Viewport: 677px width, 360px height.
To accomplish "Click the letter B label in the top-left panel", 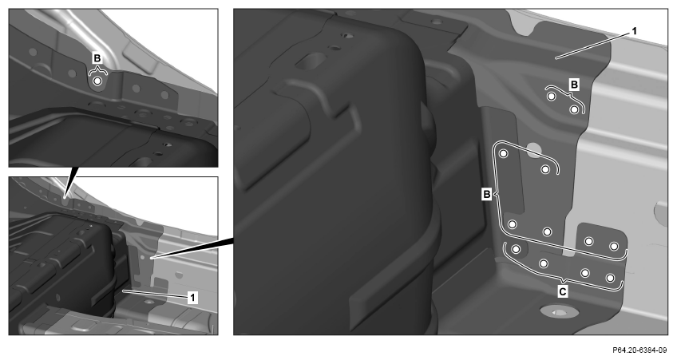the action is (x=97, y=58).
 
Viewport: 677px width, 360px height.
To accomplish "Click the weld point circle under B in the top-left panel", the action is (x=97, y=81).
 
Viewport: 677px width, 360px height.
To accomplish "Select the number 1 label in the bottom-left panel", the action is (x=193, y=298).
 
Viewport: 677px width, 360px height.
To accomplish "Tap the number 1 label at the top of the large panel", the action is (x=634, y=31).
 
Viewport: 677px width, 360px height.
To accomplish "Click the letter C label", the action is (x=563, y=292).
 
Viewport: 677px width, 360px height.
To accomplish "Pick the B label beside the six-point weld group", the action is (x=487, y=195).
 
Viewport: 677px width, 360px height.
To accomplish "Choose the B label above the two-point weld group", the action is (x=574, y=85).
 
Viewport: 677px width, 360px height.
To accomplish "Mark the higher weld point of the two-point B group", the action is (x=552, y=97).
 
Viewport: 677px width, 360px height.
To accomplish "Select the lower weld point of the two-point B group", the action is (x=574, y=109).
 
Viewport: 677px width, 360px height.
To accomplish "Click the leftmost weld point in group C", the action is (x=516, y=249).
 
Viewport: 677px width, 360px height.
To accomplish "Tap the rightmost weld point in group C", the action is (x=610, y=278).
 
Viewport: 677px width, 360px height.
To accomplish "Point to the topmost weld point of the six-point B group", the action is (x=504, y=154).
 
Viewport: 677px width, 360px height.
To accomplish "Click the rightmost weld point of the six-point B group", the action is (x=613, y=246).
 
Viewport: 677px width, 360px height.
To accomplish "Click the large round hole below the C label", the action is (x=559, y=311).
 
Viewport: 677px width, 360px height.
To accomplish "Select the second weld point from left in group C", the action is (x=544, y=263).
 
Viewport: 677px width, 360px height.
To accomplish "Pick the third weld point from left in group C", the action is (x=585, y=273).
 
